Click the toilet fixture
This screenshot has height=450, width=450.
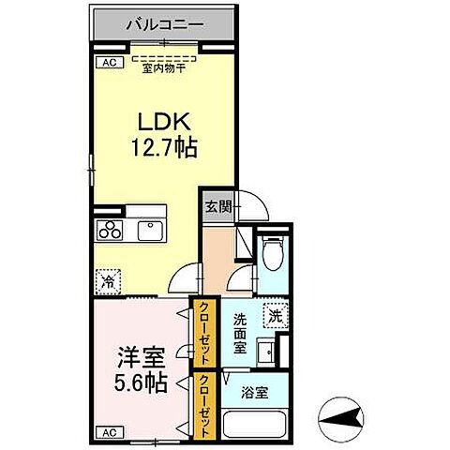click(x=272, y=251)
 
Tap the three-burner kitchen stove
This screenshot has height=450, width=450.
click(x=109, y=231)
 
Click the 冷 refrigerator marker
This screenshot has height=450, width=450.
click(x=108, y=279)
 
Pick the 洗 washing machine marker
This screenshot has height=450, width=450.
click(x=275, y=316)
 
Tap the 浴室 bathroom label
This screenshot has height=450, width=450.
click(x=256, y=393)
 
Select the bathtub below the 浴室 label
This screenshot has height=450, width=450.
click(x=255, y=426)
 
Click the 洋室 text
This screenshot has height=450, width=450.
click(x=142, y=356)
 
